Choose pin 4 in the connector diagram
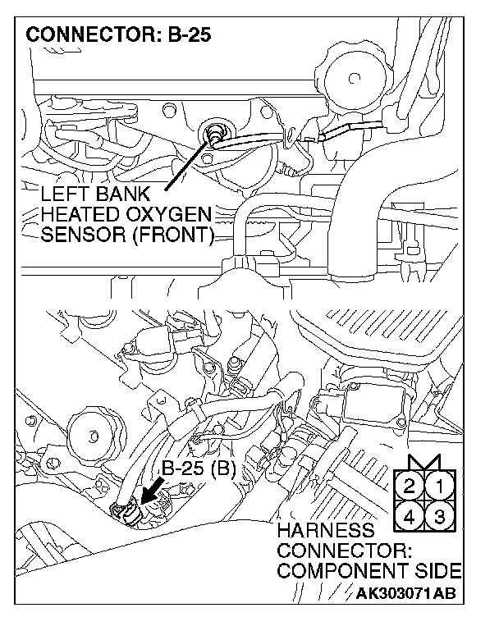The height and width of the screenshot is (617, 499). pos(410,516)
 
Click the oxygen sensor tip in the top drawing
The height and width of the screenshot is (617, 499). pos(217,132)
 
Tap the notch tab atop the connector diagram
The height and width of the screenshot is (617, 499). pos(425,460)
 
